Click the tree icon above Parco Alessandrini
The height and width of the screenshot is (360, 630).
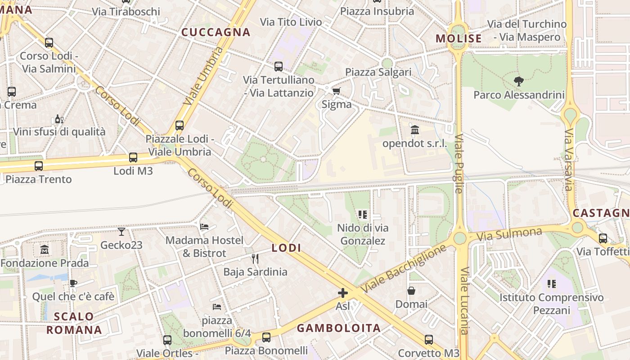point(518,81)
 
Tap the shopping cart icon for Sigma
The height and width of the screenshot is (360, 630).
point(336,91)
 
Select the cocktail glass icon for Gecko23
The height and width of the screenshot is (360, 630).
point(121,232)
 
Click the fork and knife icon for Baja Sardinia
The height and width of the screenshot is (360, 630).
point(255,258)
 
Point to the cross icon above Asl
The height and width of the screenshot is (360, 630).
point(343,293)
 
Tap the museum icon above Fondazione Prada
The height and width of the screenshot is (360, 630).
point(45,249)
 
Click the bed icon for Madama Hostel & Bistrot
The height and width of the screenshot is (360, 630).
point(204,227)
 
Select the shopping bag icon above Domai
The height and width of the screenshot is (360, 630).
point(411,291)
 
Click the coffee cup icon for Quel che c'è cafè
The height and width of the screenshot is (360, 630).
point(73,283)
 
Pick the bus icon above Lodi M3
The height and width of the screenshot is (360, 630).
point(133,157)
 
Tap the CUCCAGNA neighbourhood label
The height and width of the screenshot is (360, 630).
point(216,32)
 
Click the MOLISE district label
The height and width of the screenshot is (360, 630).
point(459,39)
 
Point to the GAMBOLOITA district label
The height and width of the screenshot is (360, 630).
point(339,328)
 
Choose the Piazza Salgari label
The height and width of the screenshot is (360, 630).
point(378,72)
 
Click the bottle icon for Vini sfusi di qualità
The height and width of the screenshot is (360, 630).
point(58,119)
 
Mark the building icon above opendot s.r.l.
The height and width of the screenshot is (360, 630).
point(415,130)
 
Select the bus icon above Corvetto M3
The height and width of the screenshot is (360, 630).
point(429,340)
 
